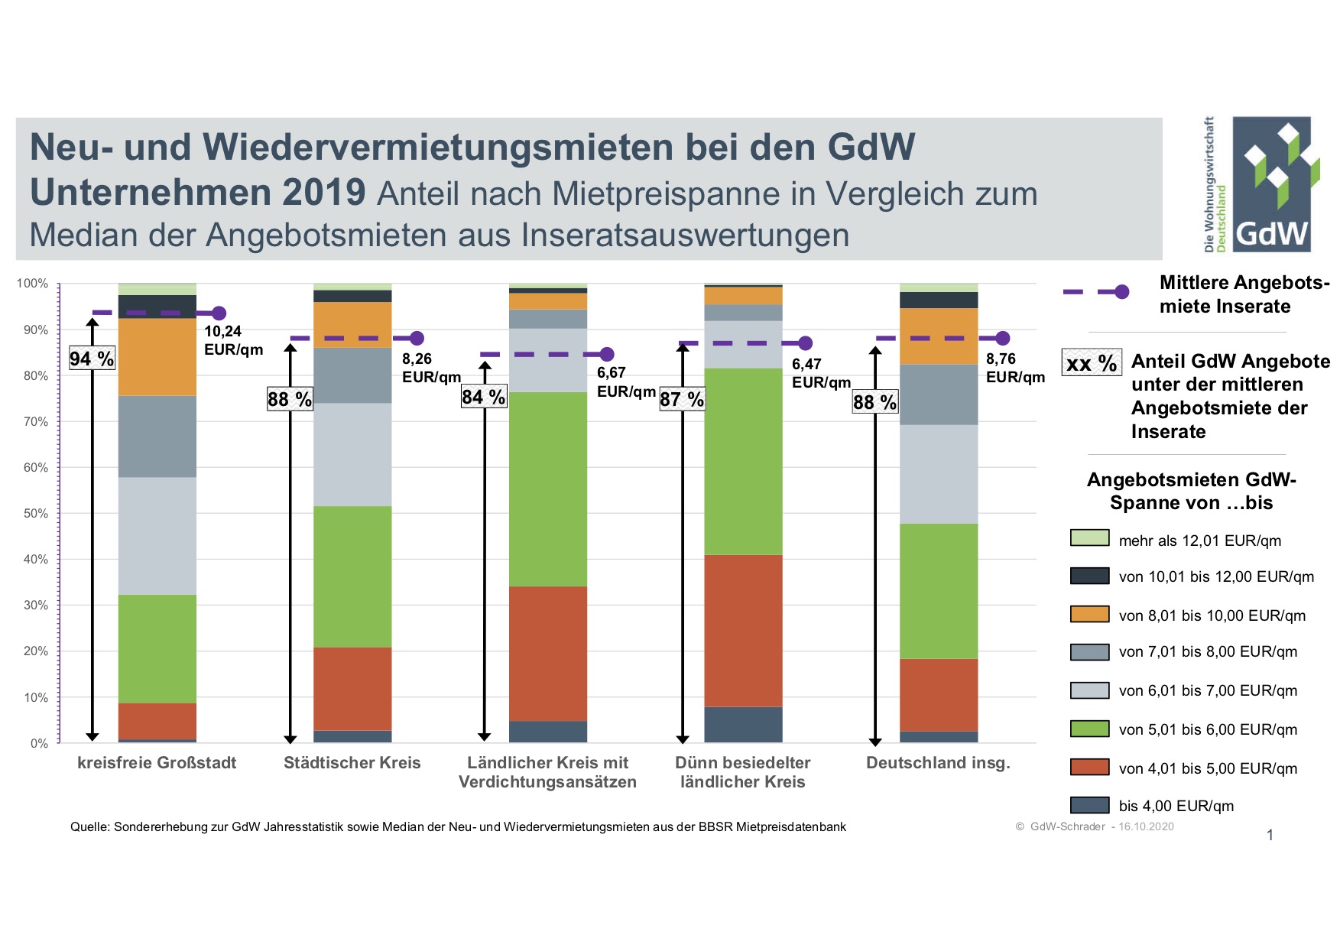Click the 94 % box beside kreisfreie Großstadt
(92, 359)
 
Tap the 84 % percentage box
(484, 397)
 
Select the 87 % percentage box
(682, 399)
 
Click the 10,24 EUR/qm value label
(233, 340)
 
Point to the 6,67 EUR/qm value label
(625, 381)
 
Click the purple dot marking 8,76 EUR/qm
(1003, 338)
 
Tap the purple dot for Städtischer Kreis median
(417, 338)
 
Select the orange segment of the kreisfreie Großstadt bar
(157, 356)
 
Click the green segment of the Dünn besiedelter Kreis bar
(743, 461)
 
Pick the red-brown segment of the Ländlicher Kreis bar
(548, 654)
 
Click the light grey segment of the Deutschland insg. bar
(938, 474)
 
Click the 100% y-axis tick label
(32, 284)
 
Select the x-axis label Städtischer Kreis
(352, 762)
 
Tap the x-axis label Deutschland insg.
(938, 762)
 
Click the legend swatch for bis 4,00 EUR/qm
(1089, 805)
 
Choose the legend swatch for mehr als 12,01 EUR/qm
(1089, 538)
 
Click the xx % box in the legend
(1092, 362)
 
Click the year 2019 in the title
(323, 193)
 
